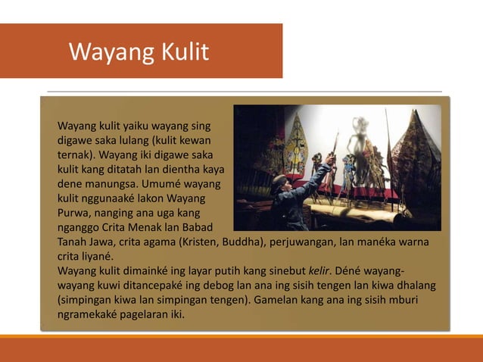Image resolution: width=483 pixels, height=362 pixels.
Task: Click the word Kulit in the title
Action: click(182, 51)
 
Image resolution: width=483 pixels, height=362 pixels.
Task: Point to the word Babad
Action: click(195, 227)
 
